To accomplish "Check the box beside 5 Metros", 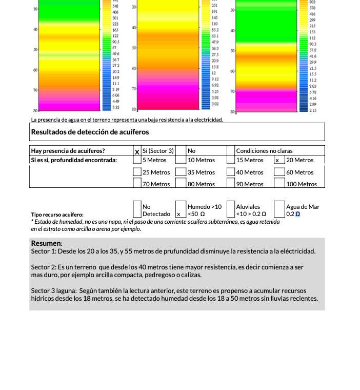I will pos(137,160).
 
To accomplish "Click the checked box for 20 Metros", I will pos(277,160).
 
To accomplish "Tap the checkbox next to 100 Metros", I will pos(279,183).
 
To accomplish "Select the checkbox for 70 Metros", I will pos(137,183).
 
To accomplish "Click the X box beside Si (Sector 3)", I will pos(137,151).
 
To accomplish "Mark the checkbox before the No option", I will pos(181,151).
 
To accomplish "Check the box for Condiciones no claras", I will pos(231,151).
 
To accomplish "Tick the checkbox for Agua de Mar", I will pos(279,209).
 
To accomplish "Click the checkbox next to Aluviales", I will pos(231,209).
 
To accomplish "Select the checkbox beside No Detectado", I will pos(137,209).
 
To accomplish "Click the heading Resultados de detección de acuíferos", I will pos(90,132).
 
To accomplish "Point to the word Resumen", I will pos(46,243).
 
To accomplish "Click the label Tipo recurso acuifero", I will pos(57,214).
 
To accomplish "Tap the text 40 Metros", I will pos(250,172).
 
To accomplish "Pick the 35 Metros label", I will pos(201,172).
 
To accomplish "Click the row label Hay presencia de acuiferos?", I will pos(68,151).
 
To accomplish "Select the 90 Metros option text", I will pos(250,184).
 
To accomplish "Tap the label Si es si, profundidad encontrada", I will pos(74,160).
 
